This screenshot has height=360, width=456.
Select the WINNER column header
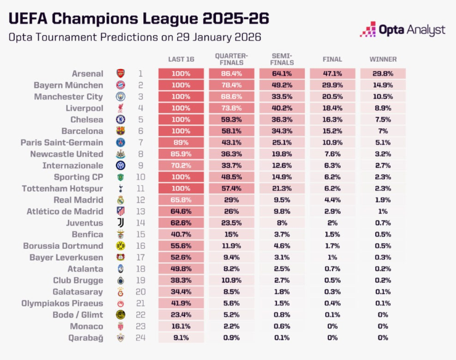383,59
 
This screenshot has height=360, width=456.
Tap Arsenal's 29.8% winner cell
383,73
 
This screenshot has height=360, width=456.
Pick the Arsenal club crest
120,73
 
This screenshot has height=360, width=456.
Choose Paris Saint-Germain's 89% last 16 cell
181,142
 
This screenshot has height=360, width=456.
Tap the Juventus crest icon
120,223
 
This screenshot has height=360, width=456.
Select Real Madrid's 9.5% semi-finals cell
282,200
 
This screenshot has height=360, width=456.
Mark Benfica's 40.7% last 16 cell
181,235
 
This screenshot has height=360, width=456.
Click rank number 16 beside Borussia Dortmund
140,246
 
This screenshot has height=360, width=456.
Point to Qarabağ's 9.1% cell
181,338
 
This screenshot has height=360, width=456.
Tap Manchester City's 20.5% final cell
332,96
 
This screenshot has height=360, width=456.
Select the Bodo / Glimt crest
120,315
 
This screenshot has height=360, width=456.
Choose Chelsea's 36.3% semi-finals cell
282,119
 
